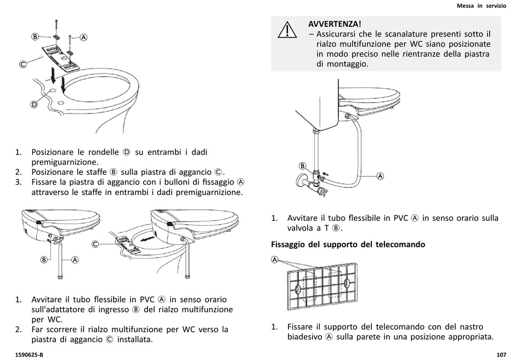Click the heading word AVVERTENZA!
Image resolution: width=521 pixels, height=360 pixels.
(335, 24)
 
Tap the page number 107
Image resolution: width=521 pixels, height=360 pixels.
(501, 354)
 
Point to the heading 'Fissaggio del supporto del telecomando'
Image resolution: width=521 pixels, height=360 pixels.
(348, 244)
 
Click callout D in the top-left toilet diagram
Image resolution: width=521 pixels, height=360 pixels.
(33, 104)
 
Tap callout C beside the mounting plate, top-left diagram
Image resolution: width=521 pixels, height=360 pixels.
(24, 64)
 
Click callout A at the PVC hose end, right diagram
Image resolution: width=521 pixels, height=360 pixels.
(380, 176)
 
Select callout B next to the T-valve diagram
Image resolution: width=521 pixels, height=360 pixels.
(302, 165)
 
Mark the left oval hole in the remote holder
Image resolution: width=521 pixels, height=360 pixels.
(297, 289)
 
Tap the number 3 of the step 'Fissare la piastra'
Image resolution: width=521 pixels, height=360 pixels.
(18, 181)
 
